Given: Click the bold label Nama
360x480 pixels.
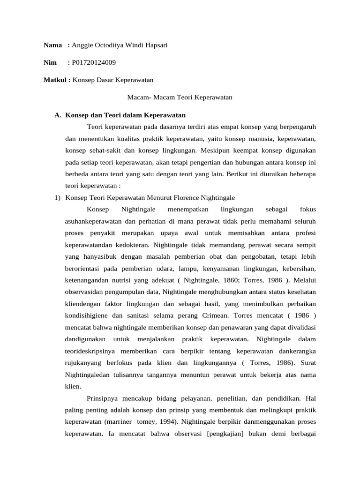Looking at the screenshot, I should tap(52, 45).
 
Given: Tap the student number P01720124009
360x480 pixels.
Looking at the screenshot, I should tap(94, 63).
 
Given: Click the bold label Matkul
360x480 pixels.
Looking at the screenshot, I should tap(56, 80).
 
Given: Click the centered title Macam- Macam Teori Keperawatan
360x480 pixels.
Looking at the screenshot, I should tap(180, 97).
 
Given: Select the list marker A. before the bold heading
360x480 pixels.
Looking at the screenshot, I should tap(58, 115).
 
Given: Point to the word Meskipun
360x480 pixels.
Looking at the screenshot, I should tap(216, 150).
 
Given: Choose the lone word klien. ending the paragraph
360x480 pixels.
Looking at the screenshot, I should tap(73, 386).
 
